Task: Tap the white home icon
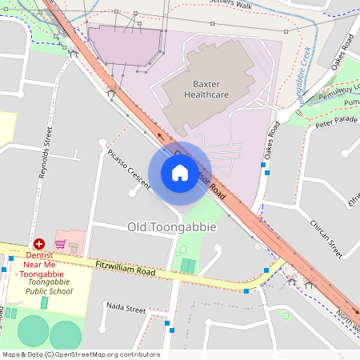(180, 173)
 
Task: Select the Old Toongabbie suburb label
(171, 227)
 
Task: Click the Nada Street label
(126, 309)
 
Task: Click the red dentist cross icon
(38, 243)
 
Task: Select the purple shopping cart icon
(60, 243)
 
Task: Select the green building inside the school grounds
(45, 302)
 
